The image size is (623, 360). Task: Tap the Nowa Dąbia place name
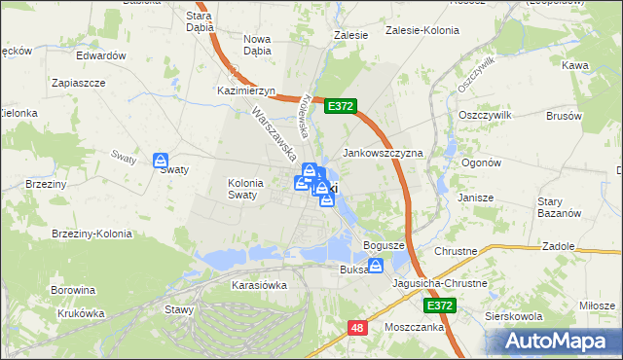(x=257, y=45)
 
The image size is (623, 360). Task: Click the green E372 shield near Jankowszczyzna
(x=341, y=106)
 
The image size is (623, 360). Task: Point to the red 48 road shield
(x=356, y=329)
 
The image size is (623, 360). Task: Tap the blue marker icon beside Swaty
(x=161, y=162)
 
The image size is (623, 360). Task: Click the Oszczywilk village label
(x=484, y=114)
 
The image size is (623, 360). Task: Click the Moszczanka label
(x=415, y=327)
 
